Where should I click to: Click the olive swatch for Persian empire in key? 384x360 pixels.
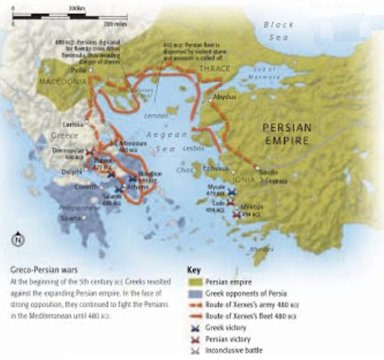[x=195, y=282]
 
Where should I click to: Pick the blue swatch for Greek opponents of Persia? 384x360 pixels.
[x=195, y=293]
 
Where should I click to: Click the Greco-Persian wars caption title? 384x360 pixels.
[x=41, y=271]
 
